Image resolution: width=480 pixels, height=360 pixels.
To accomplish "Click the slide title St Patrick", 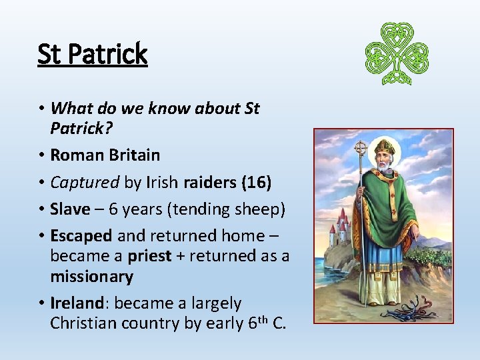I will [x=92, y=53].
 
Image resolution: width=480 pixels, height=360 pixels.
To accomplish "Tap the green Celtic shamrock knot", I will [x=397, y=53].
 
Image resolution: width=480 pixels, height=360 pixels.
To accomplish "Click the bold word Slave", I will [x=70, y=209].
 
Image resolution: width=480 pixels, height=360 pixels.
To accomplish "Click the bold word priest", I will [x=150, y=256].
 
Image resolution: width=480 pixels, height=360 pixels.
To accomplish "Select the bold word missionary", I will [x=91, y=276].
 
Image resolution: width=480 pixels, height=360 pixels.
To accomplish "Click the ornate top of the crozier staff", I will [x=361, y=148].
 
